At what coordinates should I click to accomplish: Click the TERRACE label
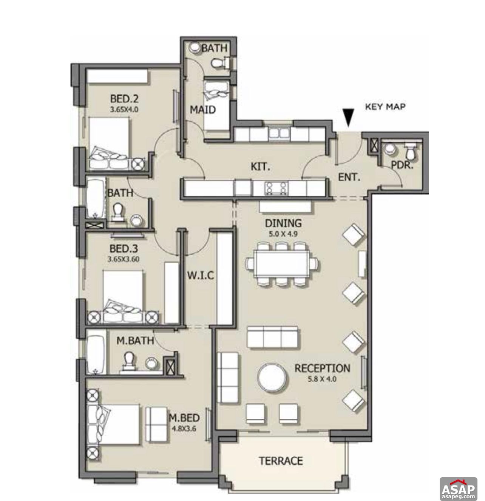pos(281,461)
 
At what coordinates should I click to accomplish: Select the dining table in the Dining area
pos(282,264)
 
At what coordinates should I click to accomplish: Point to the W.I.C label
pos(200,275)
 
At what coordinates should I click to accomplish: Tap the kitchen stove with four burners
pos(276,187)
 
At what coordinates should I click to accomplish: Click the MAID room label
pos(202,110)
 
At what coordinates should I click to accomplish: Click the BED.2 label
pos(124,99)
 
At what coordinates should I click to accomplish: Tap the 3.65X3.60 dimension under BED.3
pos(123,259)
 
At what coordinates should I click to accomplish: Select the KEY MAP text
pos(385,106)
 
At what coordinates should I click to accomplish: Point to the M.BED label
pos(184,418)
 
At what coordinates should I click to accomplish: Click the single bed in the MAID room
pos(216,104)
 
